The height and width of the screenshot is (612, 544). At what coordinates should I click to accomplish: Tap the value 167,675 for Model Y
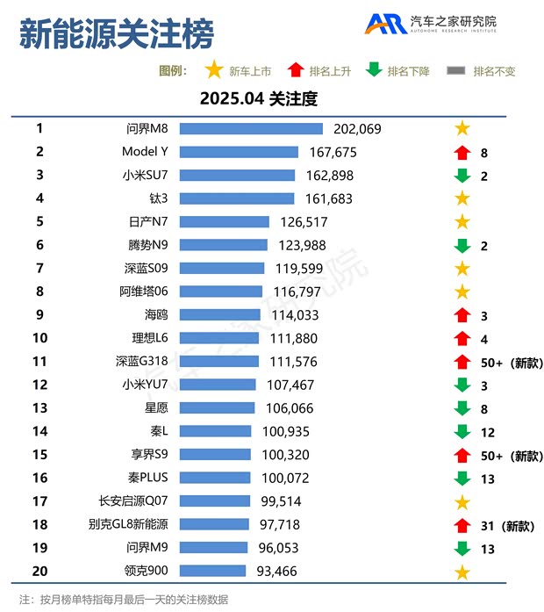coord(333,152)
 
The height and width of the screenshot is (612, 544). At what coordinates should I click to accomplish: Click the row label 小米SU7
coord(145,175)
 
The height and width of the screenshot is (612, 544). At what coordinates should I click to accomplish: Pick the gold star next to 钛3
coord(462,198)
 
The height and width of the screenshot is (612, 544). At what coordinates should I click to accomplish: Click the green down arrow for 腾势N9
coord(462,245)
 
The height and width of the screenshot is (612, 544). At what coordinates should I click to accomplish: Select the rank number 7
coord(39,268)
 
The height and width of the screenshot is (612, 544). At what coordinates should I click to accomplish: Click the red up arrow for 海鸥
coord(462,314)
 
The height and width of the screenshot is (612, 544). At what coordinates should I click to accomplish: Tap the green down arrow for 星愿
coord(462,407)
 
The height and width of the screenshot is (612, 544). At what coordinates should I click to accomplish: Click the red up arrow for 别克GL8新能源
coord(462,525)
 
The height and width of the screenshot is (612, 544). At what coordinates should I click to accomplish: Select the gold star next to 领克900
coord(462,572)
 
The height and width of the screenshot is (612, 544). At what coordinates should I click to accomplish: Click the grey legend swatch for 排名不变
coord(456,71)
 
